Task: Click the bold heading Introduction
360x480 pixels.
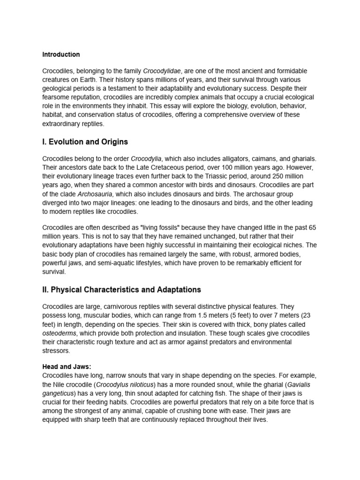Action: click(61, 54)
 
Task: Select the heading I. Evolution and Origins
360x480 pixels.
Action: click(85, 142)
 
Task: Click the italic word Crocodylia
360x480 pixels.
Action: click(146, 158)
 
